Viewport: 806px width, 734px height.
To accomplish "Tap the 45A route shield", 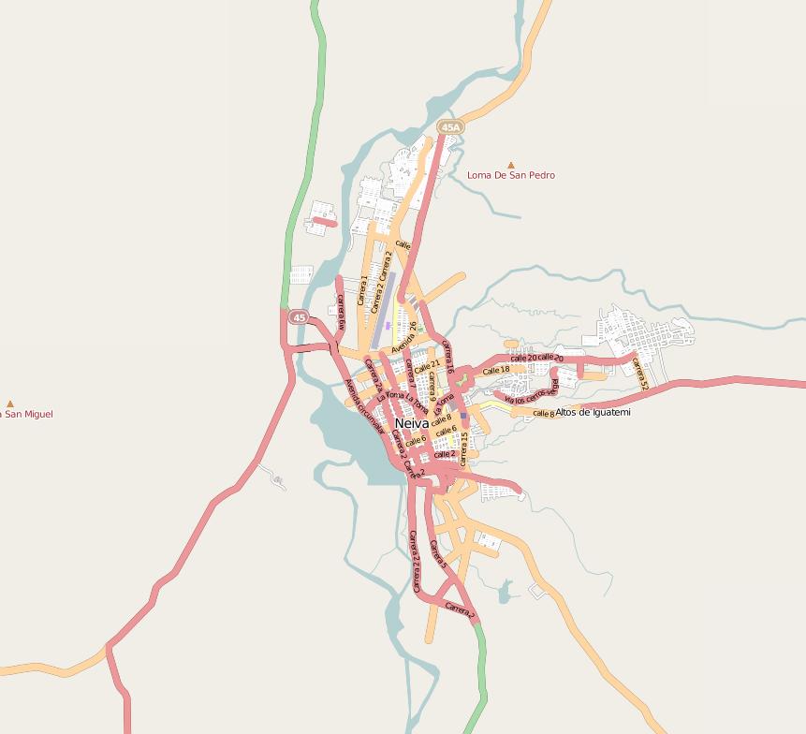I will [x=450, y=127].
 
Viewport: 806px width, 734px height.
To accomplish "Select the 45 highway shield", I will [x=299, y=318].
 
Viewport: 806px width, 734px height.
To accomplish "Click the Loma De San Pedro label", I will [x=511, y=175].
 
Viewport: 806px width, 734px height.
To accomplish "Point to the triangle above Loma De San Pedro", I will [x=510, y=165].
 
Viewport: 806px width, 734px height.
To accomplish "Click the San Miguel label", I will [x=27, y=414].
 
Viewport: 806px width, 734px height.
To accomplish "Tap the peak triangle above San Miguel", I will [x=10, y=404].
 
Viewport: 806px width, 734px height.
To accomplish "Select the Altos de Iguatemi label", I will [x=594, y=412].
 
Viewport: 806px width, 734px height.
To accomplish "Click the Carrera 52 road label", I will [x=640, y=374].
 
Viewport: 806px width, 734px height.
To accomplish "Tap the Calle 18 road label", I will [x=496, y=371].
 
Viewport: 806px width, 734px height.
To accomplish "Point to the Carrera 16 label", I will [x=447, y=358].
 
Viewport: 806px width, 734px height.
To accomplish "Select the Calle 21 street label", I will [x=428, y=365].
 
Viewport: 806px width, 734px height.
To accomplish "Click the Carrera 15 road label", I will [x=463, y=448].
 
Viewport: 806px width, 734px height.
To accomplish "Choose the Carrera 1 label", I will [x=363, y=290].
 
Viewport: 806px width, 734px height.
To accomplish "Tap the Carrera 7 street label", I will [x=410, y=373].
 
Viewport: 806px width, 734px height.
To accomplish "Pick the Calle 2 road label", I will [x=445, y=454].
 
